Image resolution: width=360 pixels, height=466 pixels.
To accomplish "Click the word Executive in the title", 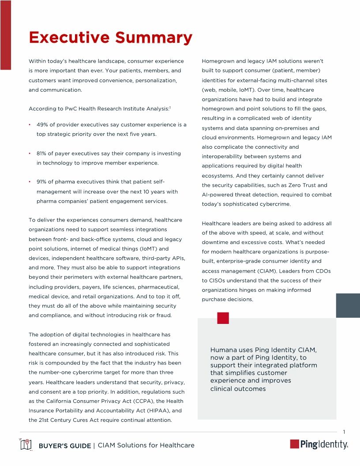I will pos(69,38).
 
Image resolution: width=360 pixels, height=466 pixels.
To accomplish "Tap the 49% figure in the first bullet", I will pos(43,125).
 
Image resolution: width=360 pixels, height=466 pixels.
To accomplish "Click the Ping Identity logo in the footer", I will pos(319,444).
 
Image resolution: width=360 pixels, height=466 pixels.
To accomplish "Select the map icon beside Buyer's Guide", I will pos(26,445).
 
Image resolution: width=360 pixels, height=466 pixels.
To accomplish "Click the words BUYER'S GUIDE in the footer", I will pos(65,445).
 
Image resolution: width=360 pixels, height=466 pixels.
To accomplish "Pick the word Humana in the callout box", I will pos(224,350).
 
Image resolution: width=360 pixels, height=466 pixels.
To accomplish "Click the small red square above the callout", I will pos(223,318).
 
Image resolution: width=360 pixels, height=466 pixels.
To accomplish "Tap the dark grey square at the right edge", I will pos(348,305).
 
